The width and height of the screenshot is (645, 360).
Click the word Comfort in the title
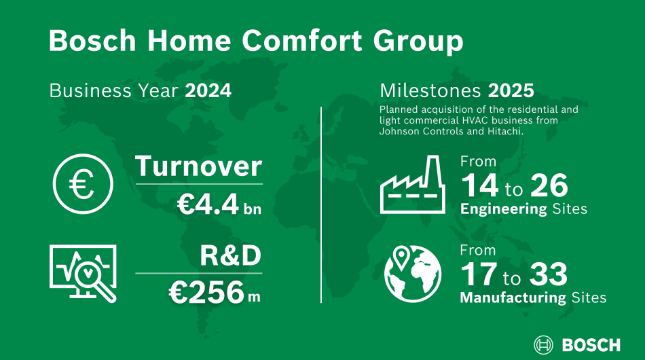click(302, 40)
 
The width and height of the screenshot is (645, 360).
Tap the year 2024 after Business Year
click(208, 91)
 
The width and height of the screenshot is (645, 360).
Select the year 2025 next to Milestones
click(511, 91)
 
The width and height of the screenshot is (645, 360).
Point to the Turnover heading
click(198, 166)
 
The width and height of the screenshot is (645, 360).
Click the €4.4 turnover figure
click(208, 204)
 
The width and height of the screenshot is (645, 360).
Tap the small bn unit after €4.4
click(253, 209)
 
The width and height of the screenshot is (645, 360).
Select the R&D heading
click(230, 255)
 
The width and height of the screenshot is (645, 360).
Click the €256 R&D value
click(206, 293)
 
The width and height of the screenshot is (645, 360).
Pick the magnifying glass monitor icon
click(83, 274)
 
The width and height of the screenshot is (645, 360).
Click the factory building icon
click(412, 184)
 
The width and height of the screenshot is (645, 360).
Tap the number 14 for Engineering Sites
click(479, 185)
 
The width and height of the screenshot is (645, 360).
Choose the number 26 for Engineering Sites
click(549, 185)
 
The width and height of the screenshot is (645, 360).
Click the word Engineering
click(504, 209)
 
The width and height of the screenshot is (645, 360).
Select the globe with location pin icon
click(413, 274)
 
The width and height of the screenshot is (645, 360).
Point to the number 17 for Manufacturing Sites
click(479, 274)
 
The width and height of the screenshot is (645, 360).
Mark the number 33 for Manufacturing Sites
click(549, 274)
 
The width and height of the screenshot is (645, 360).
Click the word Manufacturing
click(513, 298)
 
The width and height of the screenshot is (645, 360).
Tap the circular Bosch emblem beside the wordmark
click(543, 345)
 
